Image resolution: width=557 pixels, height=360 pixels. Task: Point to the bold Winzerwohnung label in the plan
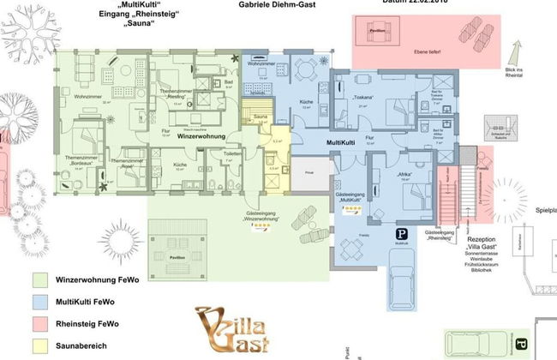201,135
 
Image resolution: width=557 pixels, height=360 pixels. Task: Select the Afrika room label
405,175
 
